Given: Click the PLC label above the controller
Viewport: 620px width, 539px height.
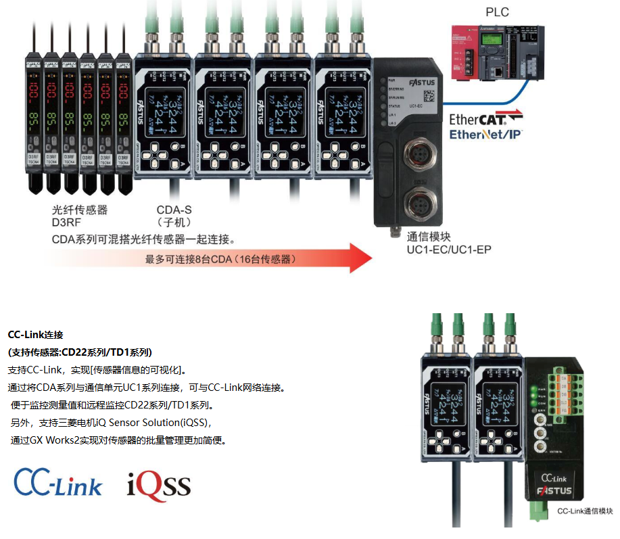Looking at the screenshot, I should pos(497,11).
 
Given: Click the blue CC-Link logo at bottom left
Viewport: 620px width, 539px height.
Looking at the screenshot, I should pos(58,482).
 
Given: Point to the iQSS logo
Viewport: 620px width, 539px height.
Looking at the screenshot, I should pos(159,485).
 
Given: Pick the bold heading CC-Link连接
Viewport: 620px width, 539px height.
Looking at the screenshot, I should pos(35,335).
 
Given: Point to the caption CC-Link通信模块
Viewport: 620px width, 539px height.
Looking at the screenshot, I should pos(585,511).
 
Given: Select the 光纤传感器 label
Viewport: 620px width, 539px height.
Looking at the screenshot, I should pos(80,210).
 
